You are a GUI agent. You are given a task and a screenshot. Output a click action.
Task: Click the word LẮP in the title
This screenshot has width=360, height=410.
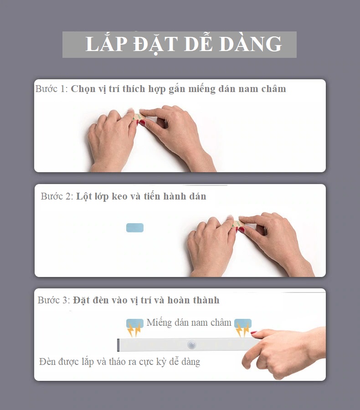[x=107, y=43]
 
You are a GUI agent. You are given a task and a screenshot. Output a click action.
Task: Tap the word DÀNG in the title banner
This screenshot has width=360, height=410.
[x=251, y=43]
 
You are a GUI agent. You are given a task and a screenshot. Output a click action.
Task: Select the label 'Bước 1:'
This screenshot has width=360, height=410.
[x=51, y=89]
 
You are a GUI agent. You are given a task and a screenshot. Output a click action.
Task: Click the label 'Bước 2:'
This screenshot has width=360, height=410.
[x=57, y=196]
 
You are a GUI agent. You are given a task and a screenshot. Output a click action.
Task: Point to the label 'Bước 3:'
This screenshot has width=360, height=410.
[x=54, y=300]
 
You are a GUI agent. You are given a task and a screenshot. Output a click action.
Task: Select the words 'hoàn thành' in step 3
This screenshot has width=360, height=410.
[x=193, y=300]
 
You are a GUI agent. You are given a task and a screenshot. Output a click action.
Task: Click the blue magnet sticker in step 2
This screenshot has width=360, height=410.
[x=135, y=227]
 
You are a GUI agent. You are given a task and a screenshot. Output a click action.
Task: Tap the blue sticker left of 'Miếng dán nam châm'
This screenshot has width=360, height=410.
[x=135, y=323]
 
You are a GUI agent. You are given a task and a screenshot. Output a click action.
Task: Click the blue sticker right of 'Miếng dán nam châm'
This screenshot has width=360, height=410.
[x=243, y=323]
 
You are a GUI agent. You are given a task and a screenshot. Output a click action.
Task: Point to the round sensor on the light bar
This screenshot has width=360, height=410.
[x=192, y=345]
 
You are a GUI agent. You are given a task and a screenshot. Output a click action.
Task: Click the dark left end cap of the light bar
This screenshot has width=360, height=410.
[x=118, y=345]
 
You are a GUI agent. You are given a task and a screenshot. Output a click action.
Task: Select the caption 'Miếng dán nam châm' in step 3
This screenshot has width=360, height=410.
[x=189, y=323]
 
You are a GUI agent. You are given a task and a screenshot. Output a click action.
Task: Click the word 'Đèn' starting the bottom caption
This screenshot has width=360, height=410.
[x=47, y=362]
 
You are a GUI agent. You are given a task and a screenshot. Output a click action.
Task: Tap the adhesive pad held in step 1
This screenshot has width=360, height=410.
[x=138, y=117]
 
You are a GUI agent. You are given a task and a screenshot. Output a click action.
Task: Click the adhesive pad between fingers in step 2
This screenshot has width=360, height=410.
[x=237, y=224]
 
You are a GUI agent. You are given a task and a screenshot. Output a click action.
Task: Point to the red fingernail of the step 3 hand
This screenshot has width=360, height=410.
[x=254, y=333]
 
